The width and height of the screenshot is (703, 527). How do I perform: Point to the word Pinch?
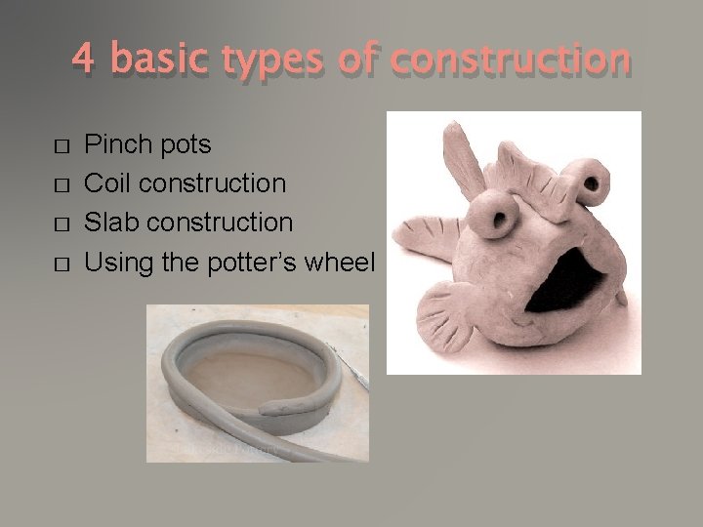120,145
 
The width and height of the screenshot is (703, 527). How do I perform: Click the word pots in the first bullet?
185,146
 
